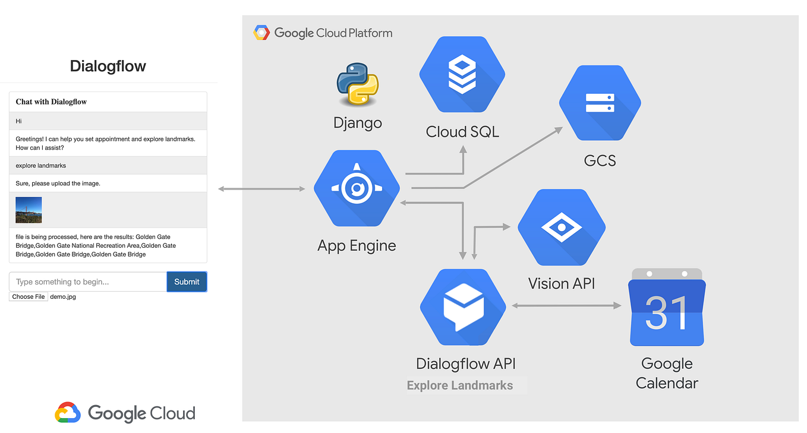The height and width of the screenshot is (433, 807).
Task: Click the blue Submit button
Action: click(x=187, y=282)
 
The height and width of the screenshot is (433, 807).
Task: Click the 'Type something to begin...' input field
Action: click(x=88, y=282)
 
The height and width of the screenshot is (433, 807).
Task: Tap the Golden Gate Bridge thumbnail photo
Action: click(x=29, y=210)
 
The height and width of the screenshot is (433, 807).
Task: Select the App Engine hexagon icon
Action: click(x=357, y=188)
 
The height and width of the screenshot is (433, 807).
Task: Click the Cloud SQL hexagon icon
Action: click(x=462, y=74)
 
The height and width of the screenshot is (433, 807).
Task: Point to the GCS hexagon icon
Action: click(x=600, y=103)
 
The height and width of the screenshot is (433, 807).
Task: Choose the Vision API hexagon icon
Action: click(x=561, y=227)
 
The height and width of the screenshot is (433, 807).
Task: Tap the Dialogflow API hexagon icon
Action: click(x=462, y=307)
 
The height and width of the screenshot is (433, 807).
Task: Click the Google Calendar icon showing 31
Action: click(x=667, y=307)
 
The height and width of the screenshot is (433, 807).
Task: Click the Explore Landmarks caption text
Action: click(x=460, y=385)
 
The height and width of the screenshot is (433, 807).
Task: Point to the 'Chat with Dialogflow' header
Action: click(x=51, y=102)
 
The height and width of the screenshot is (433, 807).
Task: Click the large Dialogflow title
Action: click(x=108, y=66)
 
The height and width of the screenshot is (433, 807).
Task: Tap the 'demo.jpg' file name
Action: click(x=63, y=297)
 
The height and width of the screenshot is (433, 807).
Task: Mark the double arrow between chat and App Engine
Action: click(x=261, y=189)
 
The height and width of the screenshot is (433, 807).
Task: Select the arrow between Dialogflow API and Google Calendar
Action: click(x=566, y=305)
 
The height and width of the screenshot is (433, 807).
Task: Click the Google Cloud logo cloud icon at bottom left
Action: click(x=68, y=413)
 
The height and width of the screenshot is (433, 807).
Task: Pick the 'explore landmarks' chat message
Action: click(x=40, y=166)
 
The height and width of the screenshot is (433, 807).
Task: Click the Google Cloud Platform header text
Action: click(x=333, y=33)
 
